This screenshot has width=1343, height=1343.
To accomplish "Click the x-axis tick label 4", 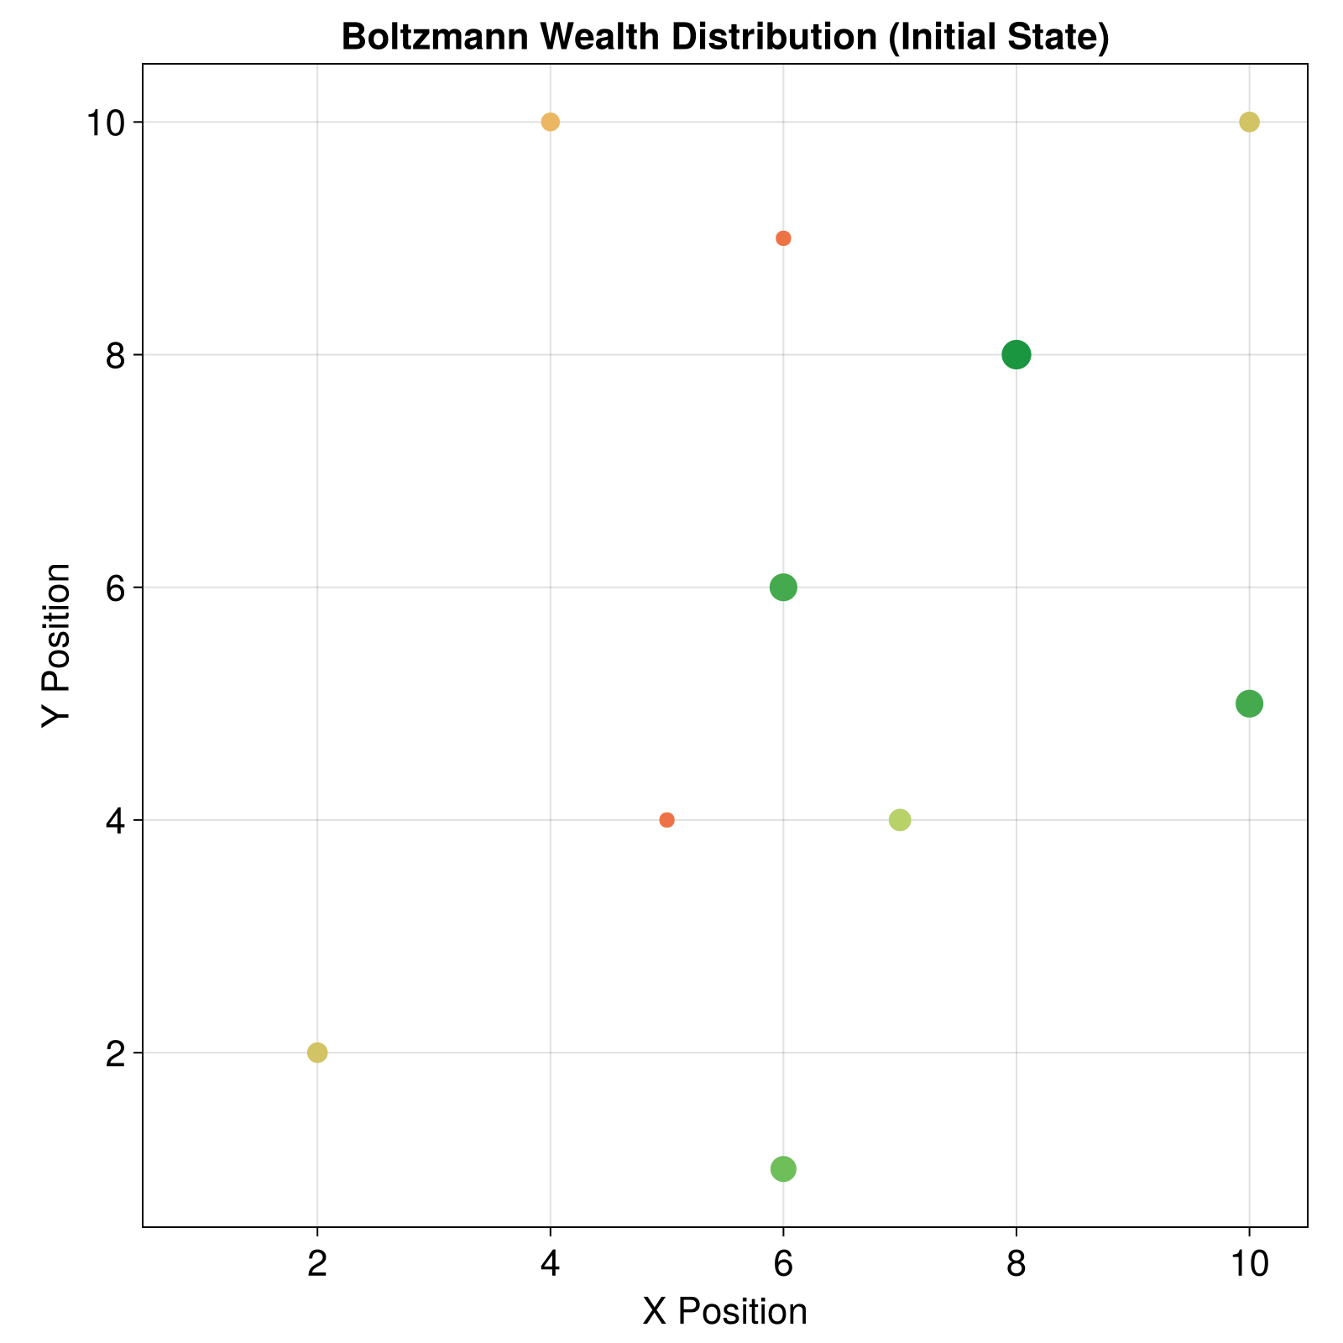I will pyautogui.click(x=550, y=1264).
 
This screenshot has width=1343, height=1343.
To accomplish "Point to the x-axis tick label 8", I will pyautogui.click(x=1016, y=1264).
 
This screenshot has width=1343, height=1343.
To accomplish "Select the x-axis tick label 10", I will pyautogui.click(x=1249, y=1264).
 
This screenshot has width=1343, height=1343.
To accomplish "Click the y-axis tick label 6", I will pyautogui.click(x=116, y=588).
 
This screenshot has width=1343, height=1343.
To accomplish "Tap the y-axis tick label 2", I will pyautogui.click(x=116, y=1053).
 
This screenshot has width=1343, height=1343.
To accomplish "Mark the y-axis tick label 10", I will pyautogui.click(x=104, y=123).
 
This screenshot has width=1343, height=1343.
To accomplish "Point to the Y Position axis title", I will pyautogui.click(x=57, y=645).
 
